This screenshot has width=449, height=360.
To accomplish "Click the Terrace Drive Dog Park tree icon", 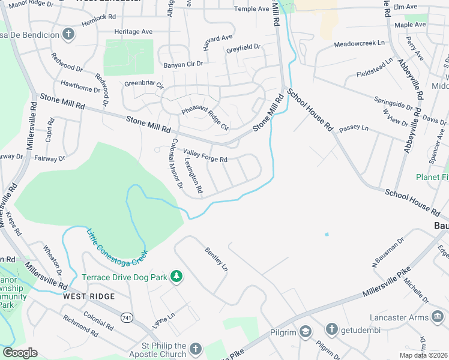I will tap(176, 276).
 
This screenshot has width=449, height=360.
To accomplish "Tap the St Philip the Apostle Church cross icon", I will tap(195, 349).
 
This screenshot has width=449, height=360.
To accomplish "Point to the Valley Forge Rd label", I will tap(205, 156).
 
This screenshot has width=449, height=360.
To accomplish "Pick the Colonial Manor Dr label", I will tap(176, 164).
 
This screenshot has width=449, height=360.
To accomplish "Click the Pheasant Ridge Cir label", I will tap(205, 118).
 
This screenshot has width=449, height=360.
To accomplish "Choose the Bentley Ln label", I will tap(217, 258).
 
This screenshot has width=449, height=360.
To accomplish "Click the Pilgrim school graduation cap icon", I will tap(306, 332).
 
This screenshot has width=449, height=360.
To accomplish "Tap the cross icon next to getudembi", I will tap(331, 329).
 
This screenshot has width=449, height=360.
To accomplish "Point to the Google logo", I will tap(20, 353).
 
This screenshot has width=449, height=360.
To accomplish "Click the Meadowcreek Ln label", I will tap(359, 44).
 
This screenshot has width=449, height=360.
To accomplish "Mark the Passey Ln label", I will tap(353, 128).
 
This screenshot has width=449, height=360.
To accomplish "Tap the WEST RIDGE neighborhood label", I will tap(88, 296).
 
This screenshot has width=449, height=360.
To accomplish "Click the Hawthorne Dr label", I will tap(80, 88).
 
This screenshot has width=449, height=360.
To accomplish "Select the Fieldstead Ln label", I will tap(375, 67).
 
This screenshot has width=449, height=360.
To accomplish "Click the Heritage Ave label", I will tap(134, 31).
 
